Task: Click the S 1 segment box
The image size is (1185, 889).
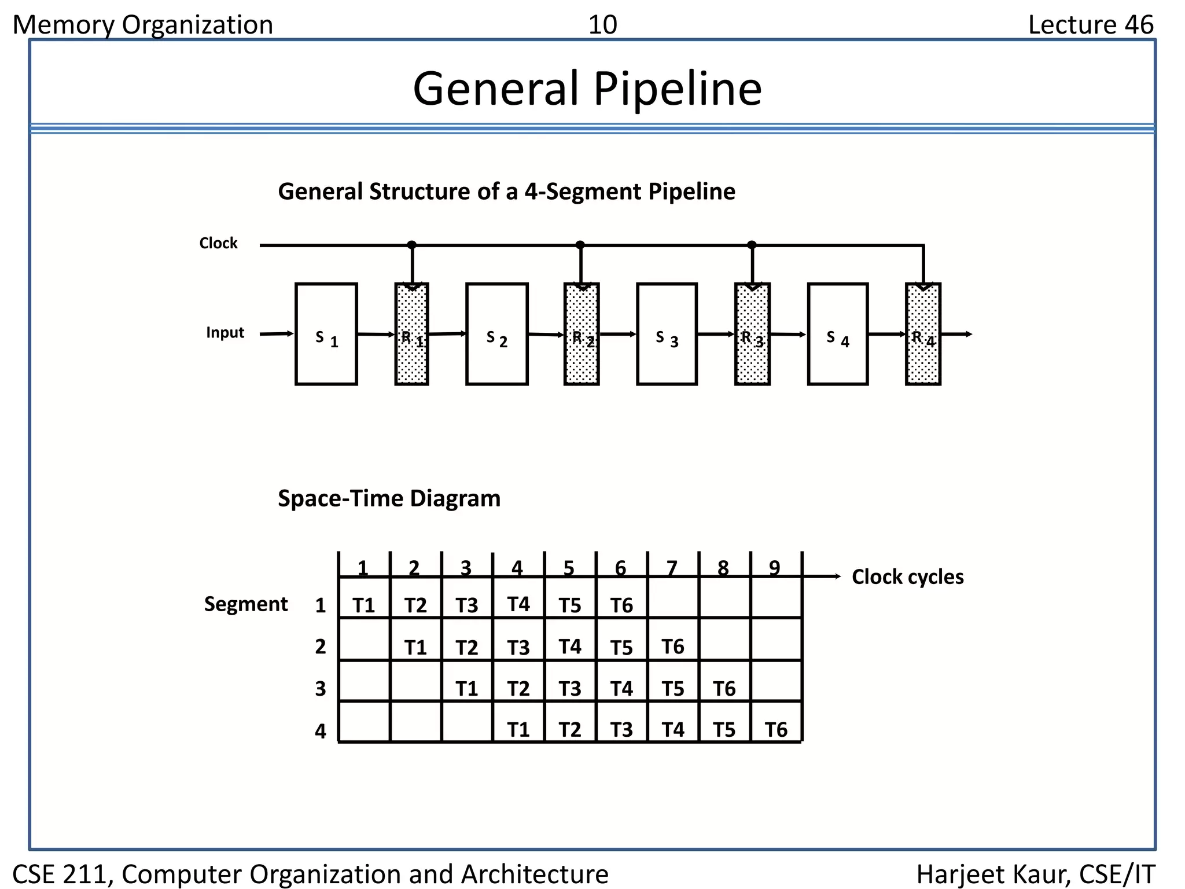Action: click(326, 334)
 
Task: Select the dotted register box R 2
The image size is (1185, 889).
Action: click(581, 334)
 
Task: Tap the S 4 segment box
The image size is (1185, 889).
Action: click(837, 334)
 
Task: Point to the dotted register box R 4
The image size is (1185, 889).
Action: click(923, 334)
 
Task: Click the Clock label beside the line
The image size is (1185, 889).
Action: click(218, 243)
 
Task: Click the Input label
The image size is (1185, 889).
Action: click(225, 333)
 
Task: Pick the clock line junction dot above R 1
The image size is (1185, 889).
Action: click(411, 245)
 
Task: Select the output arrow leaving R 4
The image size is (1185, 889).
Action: click(958, 334)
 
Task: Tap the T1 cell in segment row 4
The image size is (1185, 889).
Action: click(518, 729)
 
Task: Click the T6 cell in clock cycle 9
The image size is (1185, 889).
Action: click(776, 729)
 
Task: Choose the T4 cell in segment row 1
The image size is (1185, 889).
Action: click(518, 604)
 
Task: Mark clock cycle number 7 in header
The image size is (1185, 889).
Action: click(672, 568)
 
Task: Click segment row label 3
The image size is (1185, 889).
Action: click(321, 688)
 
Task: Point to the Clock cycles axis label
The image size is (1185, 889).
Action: click(907, 577)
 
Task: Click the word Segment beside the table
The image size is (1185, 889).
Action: click(245, 604)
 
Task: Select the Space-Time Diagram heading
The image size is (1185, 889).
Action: click(389, 498)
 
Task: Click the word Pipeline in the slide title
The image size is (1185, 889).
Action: click(677, 89)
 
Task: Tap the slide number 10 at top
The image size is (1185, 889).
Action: click(602, 25)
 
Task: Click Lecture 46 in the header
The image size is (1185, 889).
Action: click(1090, 25)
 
